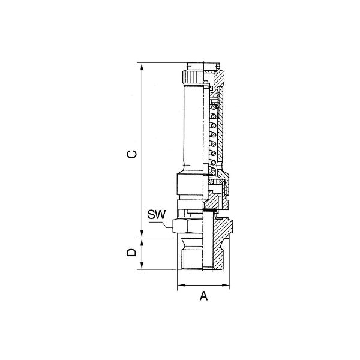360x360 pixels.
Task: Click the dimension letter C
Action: coord(131,154)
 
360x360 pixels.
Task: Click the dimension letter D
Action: coord(131,253)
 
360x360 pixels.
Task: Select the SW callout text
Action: coord(157,214)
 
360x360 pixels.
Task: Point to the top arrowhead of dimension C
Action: coord(142,67)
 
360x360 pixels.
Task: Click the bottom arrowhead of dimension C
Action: coord(142,233)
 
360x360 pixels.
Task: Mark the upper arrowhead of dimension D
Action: coord(142,242)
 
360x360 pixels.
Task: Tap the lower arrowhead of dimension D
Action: coord(142,265)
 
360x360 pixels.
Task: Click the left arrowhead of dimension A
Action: coord(182,286)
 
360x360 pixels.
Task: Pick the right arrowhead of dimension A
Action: coord(226,286)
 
